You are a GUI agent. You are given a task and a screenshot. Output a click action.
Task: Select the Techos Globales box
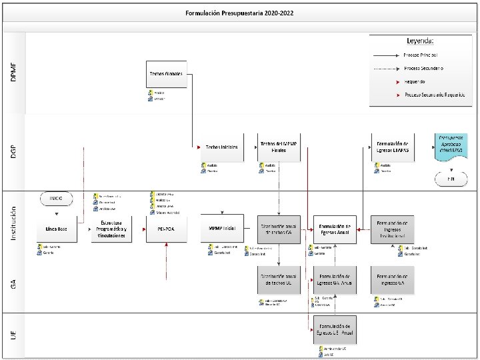click(x=166, y=74)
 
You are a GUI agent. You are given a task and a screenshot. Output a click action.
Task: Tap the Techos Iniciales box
click(x=221, y=147)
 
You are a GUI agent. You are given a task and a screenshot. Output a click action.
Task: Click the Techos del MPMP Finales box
click(x=278, y=147)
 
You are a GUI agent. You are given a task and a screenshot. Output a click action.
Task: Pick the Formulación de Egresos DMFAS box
click(x=392, y=147)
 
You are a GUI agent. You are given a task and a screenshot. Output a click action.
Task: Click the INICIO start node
click(x=56, y=198)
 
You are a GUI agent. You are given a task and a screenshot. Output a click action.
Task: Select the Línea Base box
click(x=56, y=229)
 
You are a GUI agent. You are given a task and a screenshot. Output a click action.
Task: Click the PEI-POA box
click(x=166, y=229)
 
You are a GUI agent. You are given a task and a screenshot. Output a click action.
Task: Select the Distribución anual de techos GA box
click(x=278, y=229)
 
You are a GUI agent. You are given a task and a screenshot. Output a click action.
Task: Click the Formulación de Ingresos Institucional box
click(x=392, y=229)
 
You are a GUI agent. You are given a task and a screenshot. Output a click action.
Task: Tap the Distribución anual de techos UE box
click(x=278, y=279)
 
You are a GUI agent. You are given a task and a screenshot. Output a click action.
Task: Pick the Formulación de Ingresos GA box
click(x=392, y=279)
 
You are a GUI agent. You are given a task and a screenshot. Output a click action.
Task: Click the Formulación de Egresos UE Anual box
click(x=335, y=329)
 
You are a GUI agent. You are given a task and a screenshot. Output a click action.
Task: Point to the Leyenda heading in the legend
click(x=421, y=41)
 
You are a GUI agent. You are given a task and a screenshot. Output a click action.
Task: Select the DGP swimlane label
click(x=14, y=152)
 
